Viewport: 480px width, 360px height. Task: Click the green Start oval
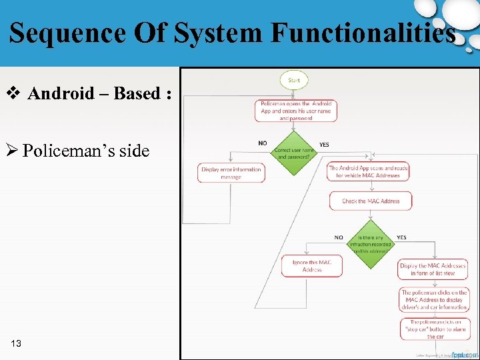coord(294,80)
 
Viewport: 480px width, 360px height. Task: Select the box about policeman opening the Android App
coord(295,111)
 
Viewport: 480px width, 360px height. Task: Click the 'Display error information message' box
coord(231,173)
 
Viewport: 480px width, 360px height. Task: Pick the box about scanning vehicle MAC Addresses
coord(368,171)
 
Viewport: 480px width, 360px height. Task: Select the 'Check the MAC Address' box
coord(371,201)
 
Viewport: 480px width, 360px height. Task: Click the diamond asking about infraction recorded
coord(371,245)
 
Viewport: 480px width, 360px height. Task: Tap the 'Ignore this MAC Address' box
coord(312,266)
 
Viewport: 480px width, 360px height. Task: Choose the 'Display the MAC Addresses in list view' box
coord(433,269)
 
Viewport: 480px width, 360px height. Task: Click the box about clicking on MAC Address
coord(434,300)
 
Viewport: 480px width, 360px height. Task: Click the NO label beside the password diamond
coord(262,143)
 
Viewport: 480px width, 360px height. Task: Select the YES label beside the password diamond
coord(324,144)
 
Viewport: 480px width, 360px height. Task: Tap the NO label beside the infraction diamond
coord(339,237)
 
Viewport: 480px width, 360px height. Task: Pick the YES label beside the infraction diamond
coord(401,237)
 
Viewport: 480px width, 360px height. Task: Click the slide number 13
coord(17,343)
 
